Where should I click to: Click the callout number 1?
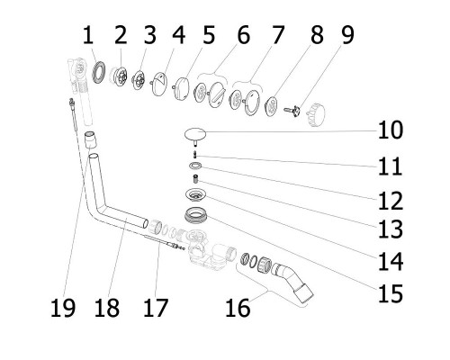(88, 35)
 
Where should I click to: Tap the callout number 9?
(347, 35)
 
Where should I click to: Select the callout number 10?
(391, 130)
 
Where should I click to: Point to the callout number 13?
(391, 229)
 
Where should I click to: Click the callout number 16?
(238, 308)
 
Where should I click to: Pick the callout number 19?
(63, 308)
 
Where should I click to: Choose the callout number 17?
(156, 308)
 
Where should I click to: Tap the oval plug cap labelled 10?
(195, 134)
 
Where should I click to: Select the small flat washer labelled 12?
(195, 166)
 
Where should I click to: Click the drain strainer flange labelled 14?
(196, 194)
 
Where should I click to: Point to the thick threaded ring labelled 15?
(195, 215)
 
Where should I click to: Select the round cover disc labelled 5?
(181, 88)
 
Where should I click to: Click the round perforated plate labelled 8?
(273, 105)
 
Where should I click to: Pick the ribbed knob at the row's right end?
(316, 114)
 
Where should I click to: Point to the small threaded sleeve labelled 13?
(196, 180)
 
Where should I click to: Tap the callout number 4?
(179, 35)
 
